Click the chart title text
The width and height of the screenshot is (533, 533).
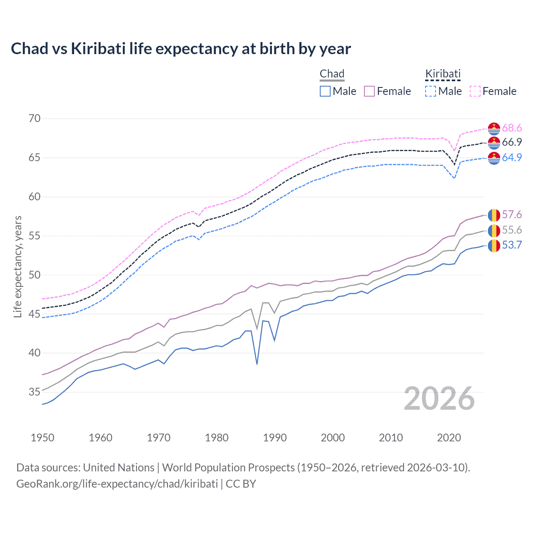pos(181,49)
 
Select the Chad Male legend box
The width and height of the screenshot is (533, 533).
pos(325,91)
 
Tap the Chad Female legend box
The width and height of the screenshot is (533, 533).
pos(369,91)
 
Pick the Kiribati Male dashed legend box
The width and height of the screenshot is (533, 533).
pos(431,91)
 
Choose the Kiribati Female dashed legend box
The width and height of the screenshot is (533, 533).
pos(475,91)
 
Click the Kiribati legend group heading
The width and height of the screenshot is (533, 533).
pos(443,74)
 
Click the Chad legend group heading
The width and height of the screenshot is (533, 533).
pos(332,74)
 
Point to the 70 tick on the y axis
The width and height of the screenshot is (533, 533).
pos(35,119)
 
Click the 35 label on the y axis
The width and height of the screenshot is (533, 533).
pos(35,392)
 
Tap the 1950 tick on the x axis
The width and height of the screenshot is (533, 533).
pos(42,438)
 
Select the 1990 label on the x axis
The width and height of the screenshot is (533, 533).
pos(275,438)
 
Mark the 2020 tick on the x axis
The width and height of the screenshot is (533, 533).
pos(449,438)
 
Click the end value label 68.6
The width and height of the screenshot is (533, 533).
pos(512,128)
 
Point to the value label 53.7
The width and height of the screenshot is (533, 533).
pos(512,245)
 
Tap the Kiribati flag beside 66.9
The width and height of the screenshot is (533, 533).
pos(494,143)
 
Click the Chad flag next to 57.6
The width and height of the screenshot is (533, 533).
pos(494,215)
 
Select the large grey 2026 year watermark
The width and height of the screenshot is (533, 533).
pos(439,399)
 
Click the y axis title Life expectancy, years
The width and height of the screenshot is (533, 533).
pos(17,266)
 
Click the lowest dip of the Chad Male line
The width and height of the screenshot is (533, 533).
pos(257,364)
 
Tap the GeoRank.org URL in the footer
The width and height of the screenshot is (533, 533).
pos(117,484)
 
